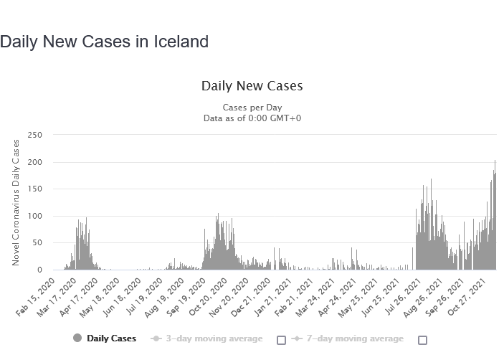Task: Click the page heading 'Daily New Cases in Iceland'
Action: (105, 42)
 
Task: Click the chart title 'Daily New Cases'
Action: (252, 86)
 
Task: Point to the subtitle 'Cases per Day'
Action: (252, 108)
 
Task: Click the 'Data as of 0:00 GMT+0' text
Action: (252, 118)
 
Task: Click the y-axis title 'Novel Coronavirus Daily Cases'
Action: (16, 202)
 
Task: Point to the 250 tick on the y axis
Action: (35, 135)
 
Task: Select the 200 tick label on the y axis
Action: (35, 162)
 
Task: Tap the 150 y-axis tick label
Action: (35, 189)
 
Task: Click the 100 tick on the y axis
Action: (35, 216)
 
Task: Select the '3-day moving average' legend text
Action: (214, 338)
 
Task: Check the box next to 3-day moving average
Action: (281, 340)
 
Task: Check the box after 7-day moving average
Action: (422, 340)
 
